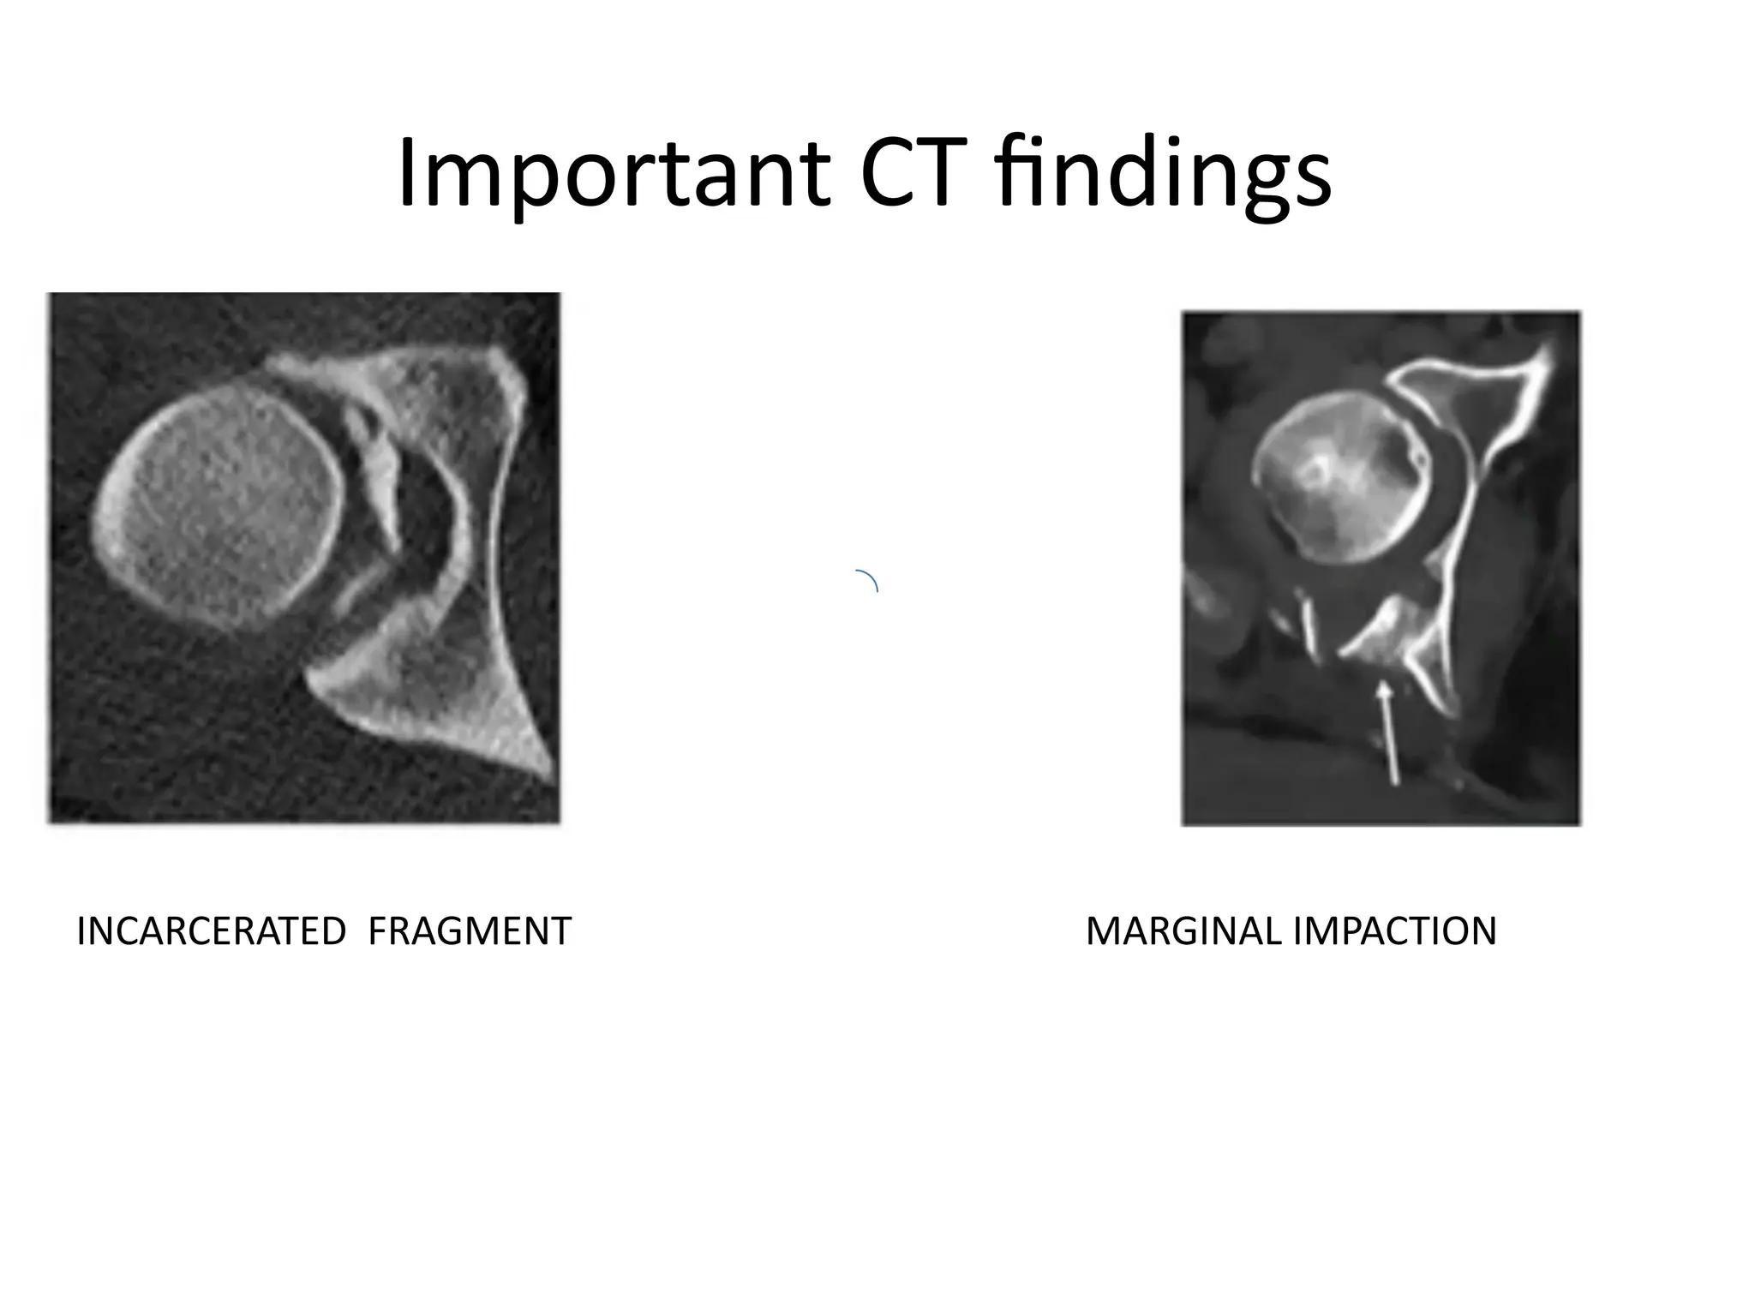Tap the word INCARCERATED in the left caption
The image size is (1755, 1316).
pyautogui.click(x=211, y=931)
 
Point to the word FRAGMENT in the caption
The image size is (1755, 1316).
pyautogui.click(x=469, y=931)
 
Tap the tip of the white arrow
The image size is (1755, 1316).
pyautogui.click(x=1382, y=684)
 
